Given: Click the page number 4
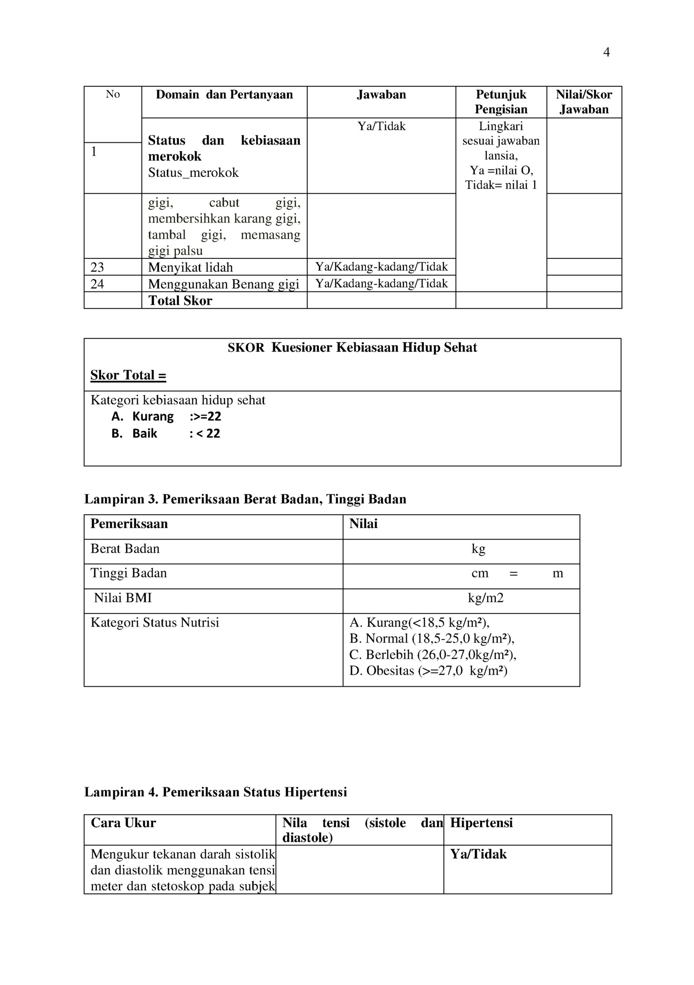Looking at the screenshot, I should tap(606, 52).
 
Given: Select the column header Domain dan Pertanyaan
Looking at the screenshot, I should tap(224, 94).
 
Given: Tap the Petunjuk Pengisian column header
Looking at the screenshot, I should tap(501, 102).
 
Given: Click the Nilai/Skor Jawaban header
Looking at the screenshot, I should tap(584, 102).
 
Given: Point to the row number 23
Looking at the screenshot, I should tap(97, 267).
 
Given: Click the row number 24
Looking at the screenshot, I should tap(97, 284).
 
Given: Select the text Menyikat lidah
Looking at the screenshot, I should tap(190, 267).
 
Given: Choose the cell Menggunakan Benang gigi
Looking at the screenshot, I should tap(224, 284).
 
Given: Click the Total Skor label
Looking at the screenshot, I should tap(180, 301).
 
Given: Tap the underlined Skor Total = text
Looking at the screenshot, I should tap(128, 375).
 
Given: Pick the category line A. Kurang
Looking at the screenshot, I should tap(166, 416).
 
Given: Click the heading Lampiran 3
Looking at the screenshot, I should tap(245, 499).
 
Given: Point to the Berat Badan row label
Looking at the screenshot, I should tap(125, 549).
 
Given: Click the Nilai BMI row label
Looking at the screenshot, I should tap(122, 598).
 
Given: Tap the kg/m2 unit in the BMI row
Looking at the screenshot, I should tap(486, 598).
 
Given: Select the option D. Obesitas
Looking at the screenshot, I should tap(428, 671).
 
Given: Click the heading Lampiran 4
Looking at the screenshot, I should tap(215, 792).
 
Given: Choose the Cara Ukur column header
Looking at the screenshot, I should tap(123, 823).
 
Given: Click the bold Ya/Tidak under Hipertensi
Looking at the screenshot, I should tap(478, 854).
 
